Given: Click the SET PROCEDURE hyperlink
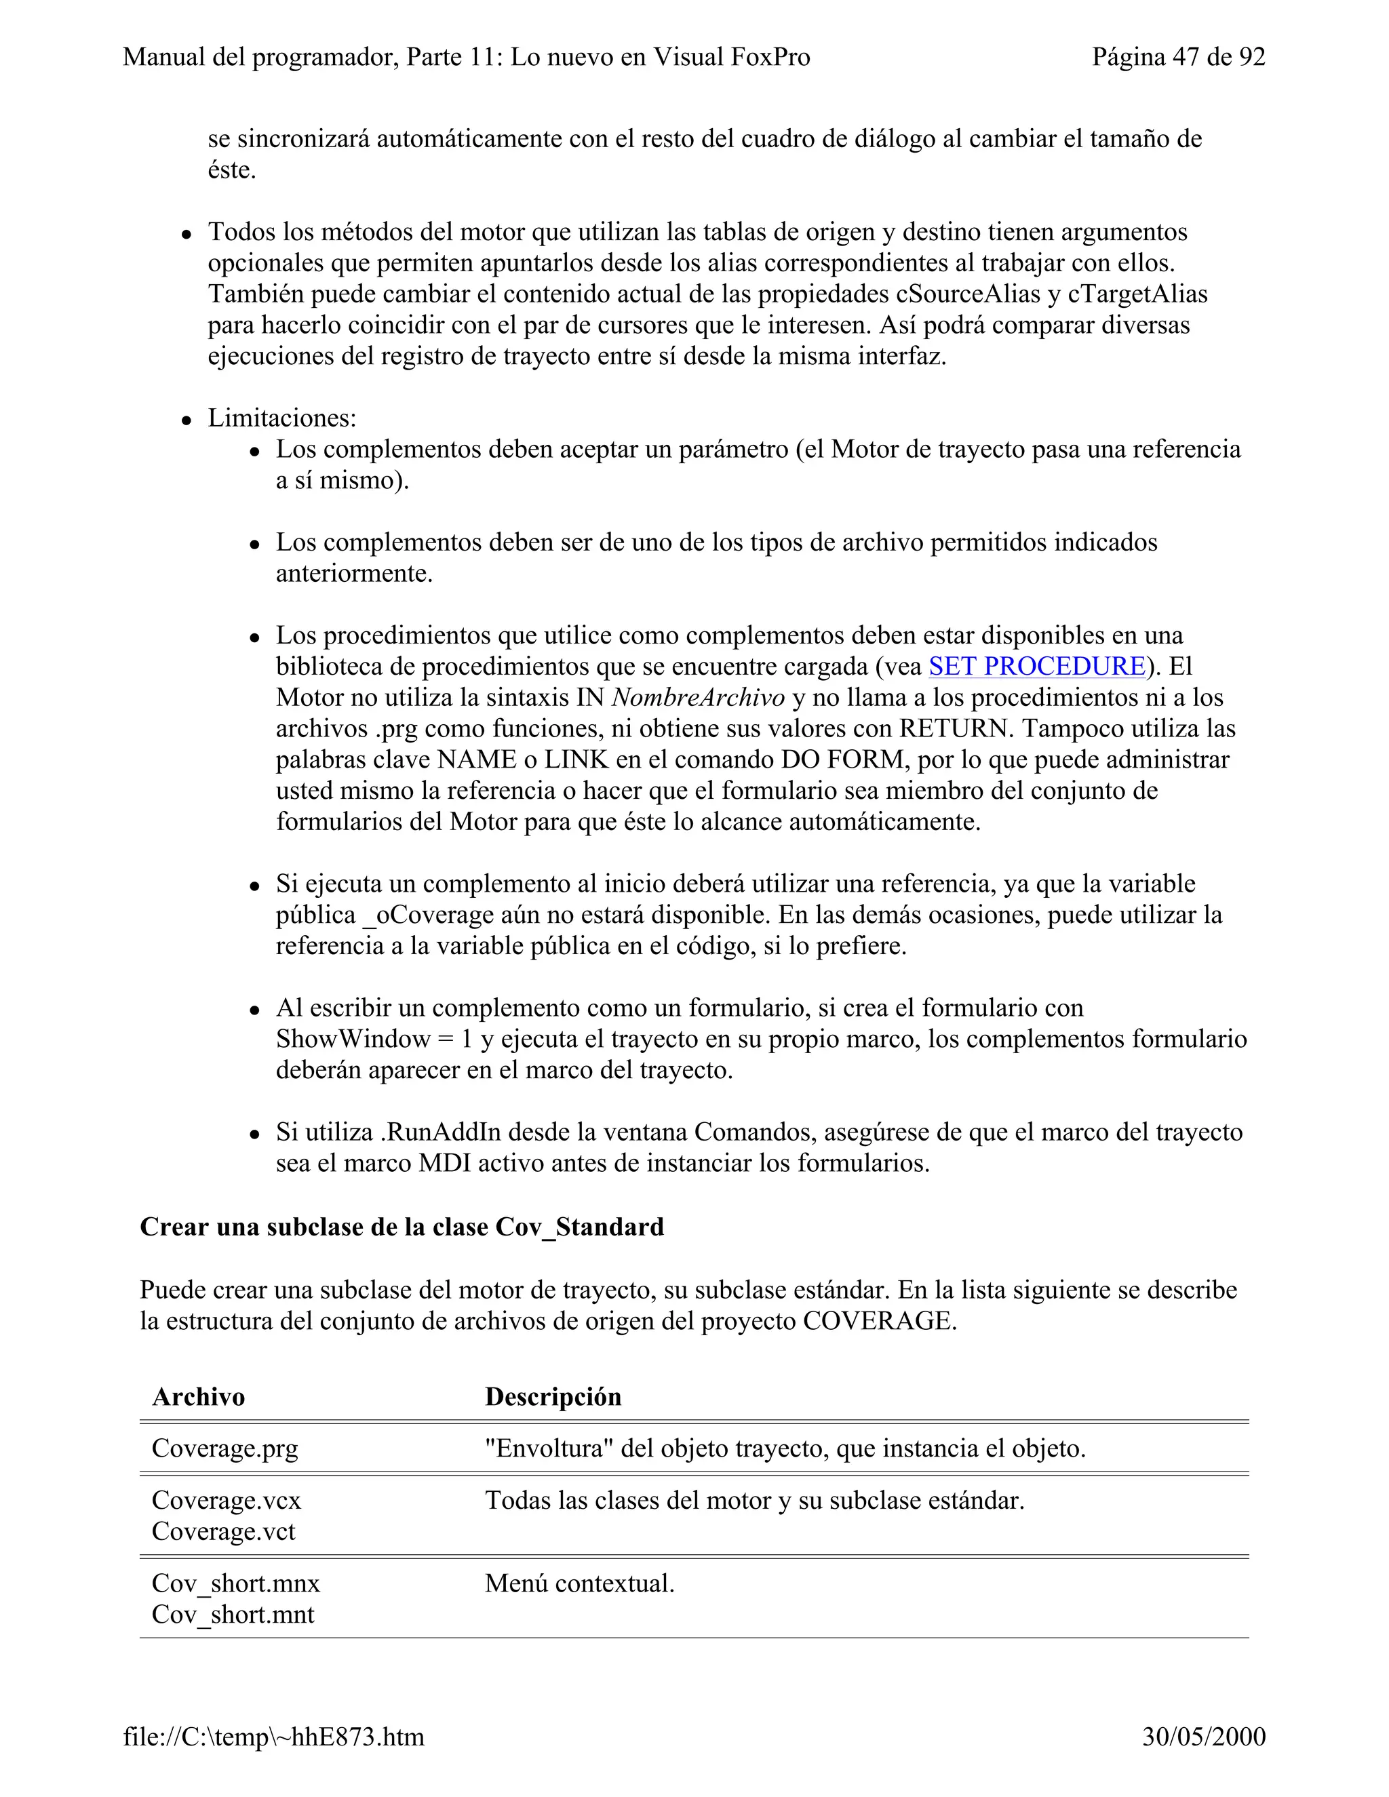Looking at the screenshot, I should pos(1037,667).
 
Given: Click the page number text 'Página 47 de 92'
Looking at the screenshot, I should pos(1178,57).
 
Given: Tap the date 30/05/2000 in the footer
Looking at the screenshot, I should pos(1203,1737).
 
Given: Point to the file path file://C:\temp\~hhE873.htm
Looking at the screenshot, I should pos(274,1737).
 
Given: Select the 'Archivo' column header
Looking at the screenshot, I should pos(198,1397).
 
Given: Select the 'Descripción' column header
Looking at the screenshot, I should pos(553,1397).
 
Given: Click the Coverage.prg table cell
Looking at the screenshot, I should pos(224,1448).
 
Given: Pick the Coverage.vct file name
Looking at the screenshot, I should pos(223,1531).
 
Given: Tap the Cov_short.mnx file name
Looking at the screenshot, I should pos(235,1583).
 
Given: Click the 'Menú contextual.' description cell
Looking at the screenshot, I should pos(579,1583).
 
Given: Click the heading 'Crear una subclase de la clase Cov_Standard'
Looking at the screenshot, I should pos(402,1227).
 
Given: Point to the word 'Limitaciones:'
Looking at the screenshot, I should pos(282,418).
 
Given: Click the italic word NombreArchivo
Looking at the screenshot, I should pos(699,698).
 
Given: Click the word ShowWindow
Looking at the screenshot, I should pos(353,1039).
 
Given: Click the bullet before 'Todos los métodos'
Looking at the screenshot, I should pos(187,234).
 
